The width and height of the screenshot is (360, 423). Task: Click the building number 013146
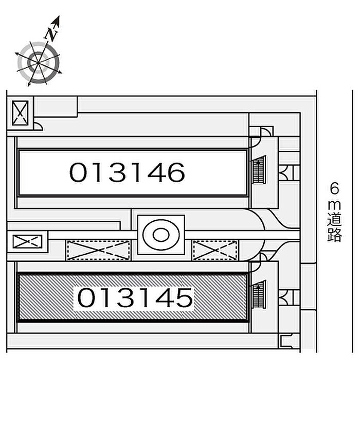[x=127, y=172]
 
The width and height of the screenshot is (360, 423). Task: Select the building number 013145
[x=135, y=297]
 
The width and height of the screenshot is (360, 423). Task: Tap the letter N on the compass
[x=51, y=34]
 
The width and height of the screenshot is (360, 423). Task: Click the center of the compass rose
[x=38, y=63]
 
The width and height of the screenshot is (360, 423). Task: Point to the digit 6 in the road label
[x=335, y=188]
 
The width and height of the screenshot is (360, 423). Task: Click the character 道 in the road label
[x=335, y=219]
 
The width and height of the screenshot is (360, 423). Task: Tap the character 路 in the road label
[x=335, y=235]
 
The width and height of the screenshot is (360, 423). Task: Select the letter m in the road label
[x=335, y=205]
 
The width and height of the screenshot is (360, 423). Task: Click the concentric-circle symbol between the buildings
[x=161, y=235]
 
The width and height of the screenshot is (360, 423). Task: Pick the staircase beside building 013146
[x=259, y=170]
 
